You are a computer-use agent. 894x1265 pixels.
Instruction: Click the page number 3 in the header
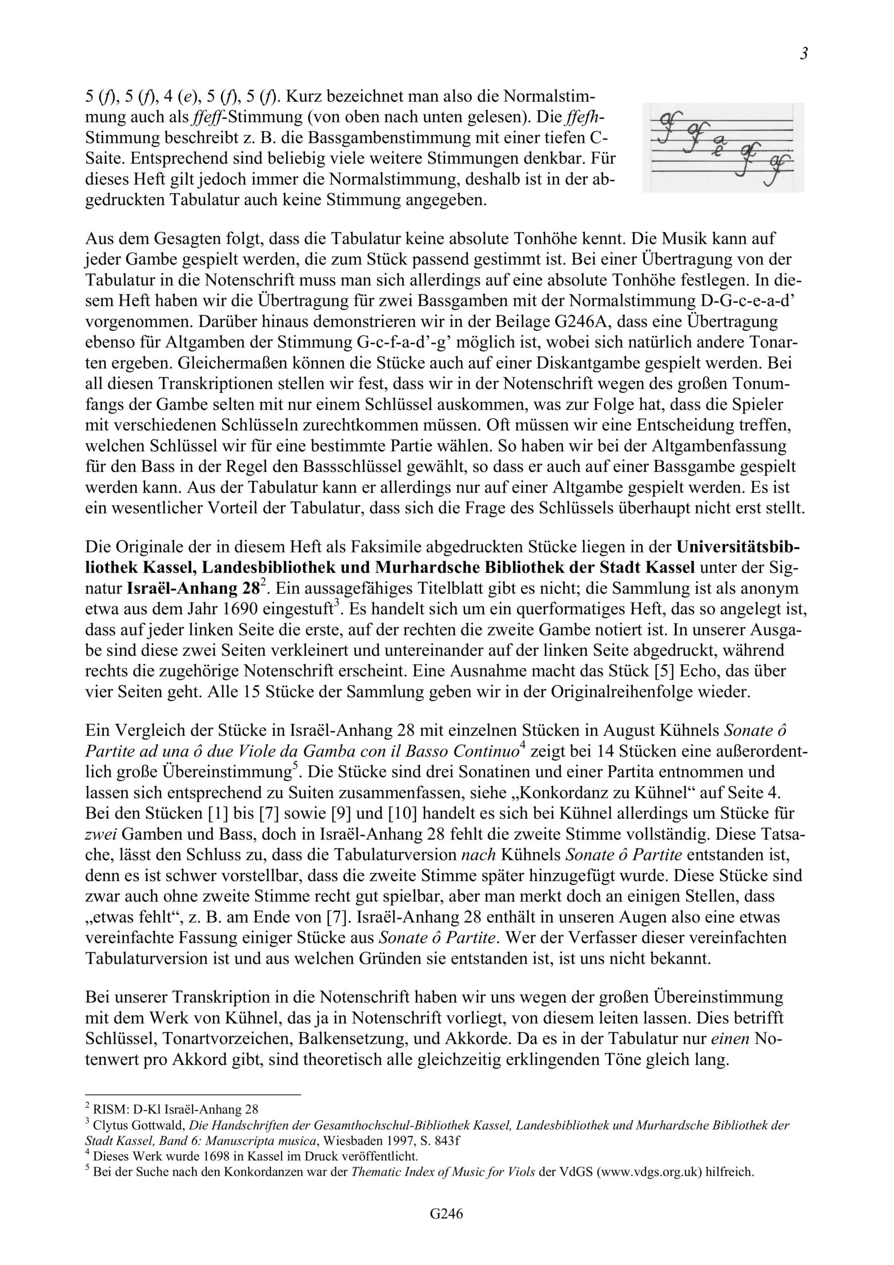804,54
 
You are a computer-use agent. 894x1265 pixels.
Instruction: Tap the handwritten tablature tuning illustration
723,148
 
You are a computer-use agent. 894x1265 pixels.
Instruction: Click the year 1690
259,610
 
